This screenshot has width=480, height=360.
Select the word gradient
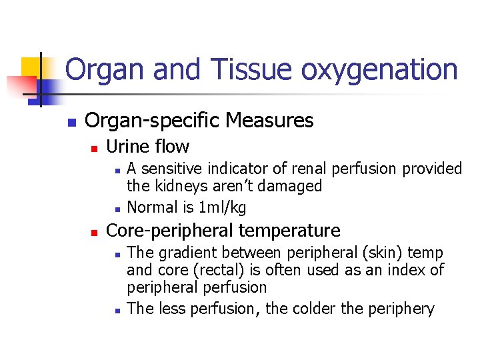[x=186, y=253]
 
